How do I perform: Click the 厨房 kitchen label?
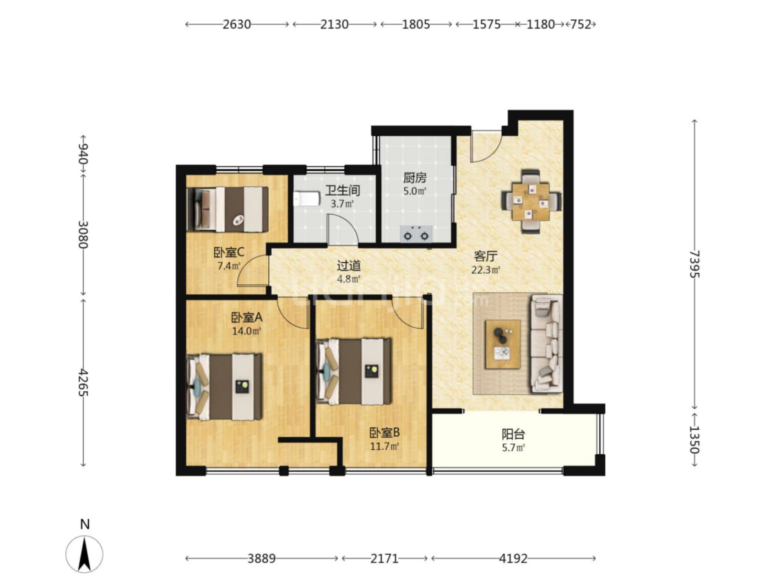point(415,178)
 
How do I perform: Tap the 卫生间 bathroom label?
point(342,190)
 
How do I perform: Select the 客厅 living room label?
point(485,256)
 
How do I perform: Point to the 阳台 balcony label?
point(513,434)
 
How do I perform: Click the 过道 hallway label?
point(349,266)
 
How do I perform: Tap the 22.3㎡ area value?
point(485,270)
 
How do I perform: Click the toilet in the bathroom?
point(306,199)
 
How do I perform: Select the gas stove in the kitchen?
point(416,234)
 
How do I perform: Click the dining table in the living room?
point(531,201)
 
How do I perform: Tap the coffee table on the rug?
point(503,344)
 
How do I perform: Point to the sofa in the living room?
point(546,344)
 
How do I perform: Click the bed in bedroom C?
point(228,209)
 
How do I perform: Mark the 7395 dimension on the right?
point(695,264)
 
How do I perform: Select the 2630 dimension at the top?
point(237,24)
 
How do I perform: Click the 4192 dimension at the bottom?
point(513,559)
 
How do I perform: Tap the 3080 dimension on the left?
point(83,234)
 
